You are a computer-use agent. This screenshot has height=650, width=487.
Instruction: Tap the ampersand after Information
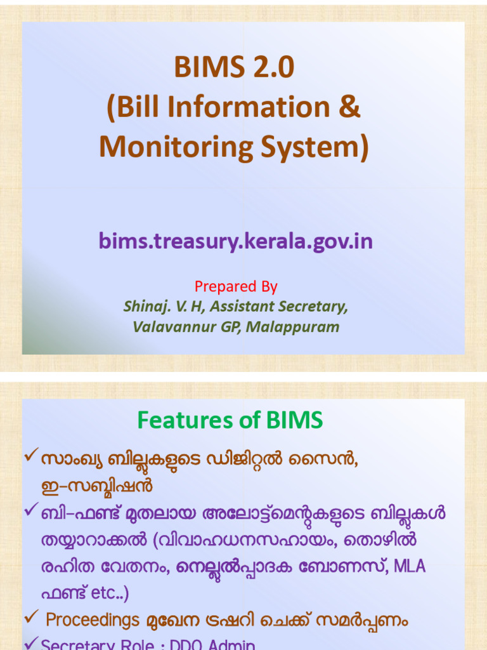[x=348, y=107]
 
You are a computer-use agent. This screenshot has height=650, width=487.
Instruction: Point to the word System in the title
[x=315, y=147]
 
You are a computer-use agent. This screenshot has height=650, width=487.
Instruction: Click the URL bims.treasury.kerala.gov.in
[x=235, y=241]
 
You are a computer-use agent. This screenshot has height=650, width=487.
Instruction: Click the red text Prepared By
[x=236, y=286]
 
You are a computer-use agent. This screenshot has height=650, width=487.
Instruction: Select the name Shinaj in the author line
[x=143, y=307]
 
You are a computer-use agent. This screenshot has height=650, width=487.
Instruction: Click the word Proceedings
[x=93, y=620]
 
